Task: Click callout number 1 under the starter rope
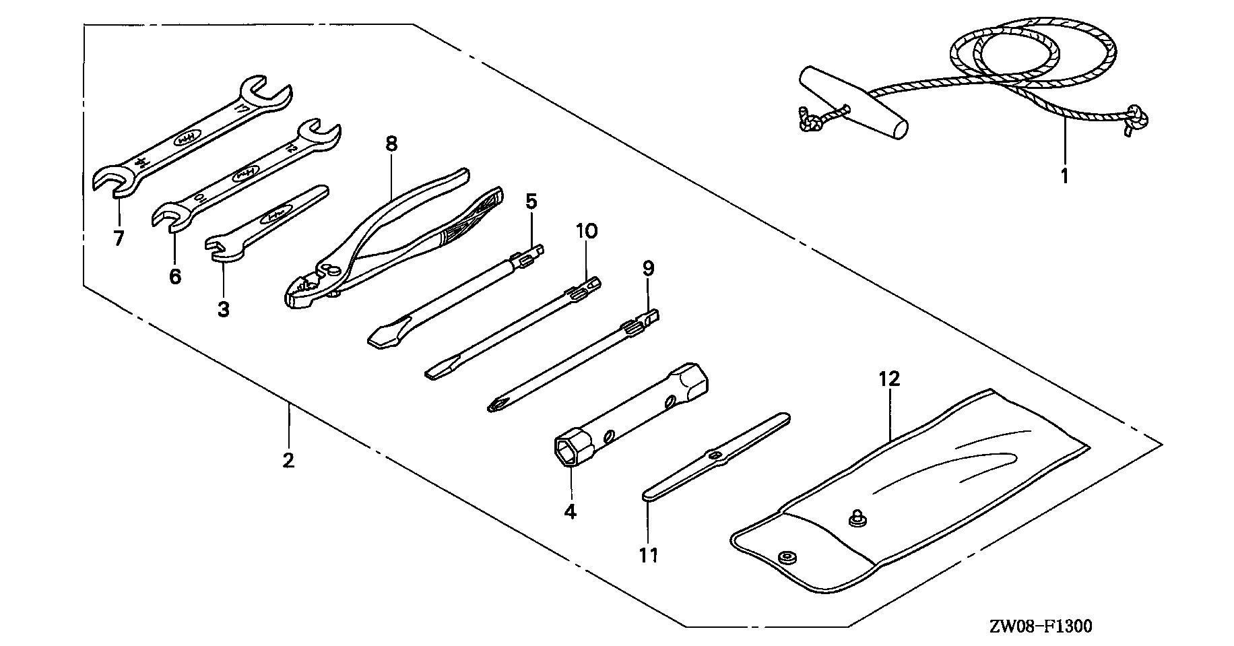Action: pyautogui.click(x=1065, y=176)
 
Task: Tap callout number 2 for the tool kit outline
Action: pyautogui.click(x=288, y=461)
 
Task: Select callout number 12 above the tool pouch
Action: pyautogui.click(x=889, y=379)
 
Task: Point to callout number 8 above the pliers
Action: pyautogui.click(x=391, y=143)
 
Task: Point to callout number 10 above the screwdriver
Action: pyautogui.click(x=586, y=232)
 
